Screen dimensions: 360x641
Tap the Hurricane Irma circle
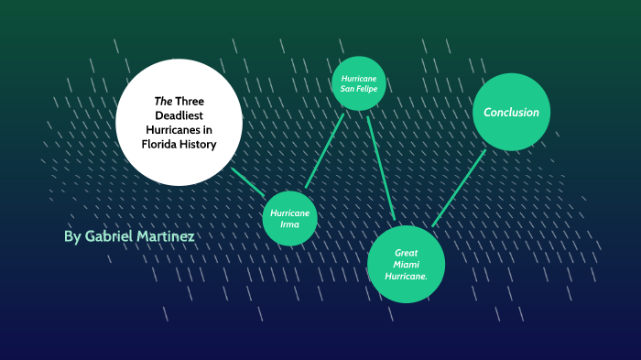coord(290,218)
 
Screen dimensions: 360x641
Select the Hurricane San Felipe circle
coord(359,83)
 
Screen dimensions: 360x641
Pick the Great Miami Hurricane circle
coord(406,263)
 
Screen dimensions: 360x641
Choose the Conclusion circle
coord(511,112)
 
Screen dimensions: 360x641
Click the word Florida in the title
coord(161,144)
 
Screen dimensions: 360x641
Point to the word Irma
coord(290,224)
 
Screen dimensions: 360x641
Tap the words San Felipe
coord(359,89)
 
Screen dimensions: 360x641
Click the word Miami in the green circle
coord(406,264)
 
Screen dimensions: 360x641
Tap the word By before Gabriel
coord(72,236)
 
